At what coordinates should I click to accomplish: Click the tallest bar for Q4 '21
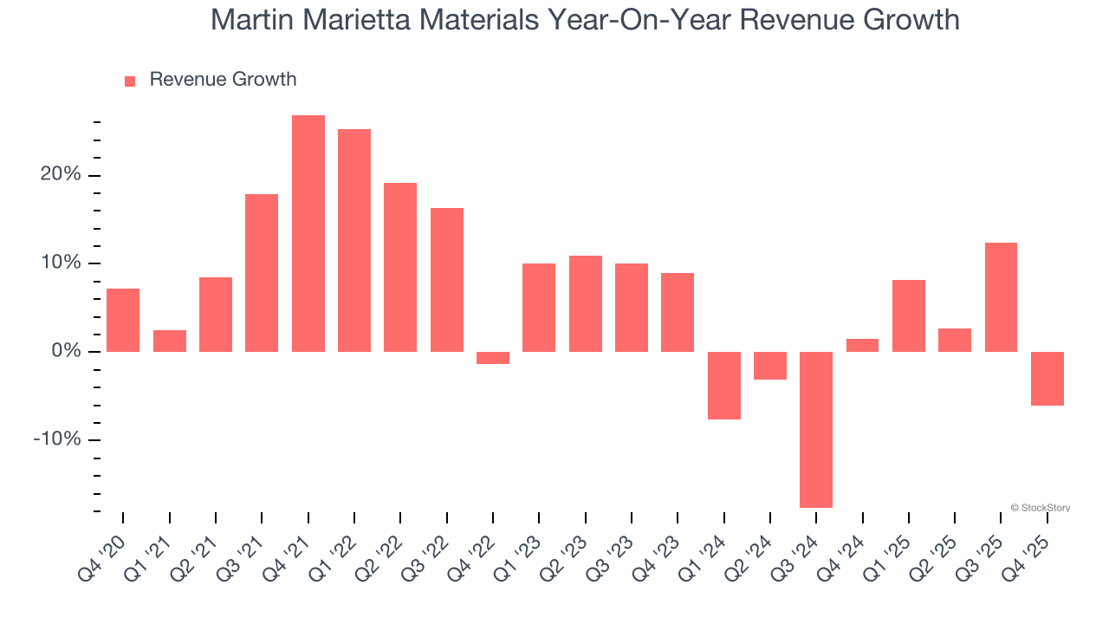tap(308, 233)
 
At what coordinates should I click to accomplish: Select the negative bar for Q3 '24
tap(816, 429)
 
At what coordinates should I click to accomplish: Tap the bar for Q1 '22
tap(354, 240)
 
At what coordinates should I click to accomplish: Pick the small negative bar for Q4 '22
tap(493, 358)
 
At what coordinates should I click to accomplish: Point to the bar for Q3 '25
tap(1001, 297)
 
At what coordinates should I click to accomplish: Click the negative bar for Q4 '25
tap(1047, 379)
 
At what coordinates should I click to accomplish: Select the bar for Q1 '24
tap(724, 386)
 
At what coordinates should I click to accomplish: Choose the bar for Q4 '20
tap(123, 320)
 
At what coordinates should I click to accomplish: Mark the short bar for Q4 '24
tap(862, 345)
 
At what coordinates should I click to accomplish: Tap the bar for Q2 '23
tap(586, 303)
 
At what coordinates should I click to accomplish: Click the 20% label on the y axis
tap(61, 175)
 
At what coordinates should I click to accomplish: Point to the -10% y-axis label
tap(57, 439)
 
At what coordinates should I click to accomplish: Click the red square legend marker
tap(130, 81)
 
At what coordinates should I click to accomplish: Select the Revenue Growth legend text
tap(223, 80)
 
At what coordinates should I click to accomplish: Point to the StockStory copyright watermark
tap(1040, 508)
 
